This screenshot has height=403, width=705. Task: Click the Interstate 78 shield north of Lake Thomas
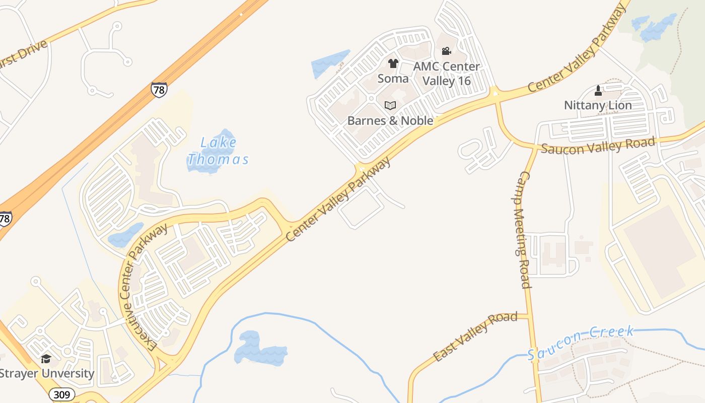click(x=159, y=89)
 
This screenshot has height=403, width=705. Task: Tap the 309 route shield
click(x=61, y=394)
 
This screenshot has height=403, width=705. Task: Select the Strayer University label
click(x=47, y=374)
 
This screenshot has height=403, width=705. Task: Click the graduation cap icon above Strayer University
click(x=46, y=359)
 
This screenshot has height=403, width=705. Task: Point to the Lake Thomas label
click(x=219, y=151)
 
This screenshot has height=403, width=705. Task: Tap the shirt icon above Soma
click(x=393, y=64)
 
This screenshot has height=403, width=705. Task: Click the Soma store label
click(x=393, y=79)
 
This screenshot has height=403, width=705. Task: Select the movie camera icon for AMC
click(x=446, y=51)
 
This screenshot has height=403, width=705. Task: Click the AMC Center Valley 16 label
click(x=446, y=73)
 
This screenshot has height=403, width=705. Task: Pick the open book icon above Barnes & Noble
click(x=390, y=105)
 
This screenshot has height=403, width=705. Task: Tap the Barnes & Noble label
click(x=390, y=120)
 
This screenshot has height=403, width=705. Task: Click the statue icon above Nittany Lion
click(x=598, y=91)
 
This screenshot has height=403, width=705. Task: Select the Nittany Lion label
click(x=598, y=105)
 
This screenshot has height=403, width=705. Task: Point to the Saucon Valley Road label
click(x=599, y=145)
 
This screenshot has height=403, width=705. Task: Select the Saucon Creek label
click(x=580, y=343)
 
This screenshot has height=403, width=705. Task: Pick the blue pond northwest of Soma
click(x=330, y=63)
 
